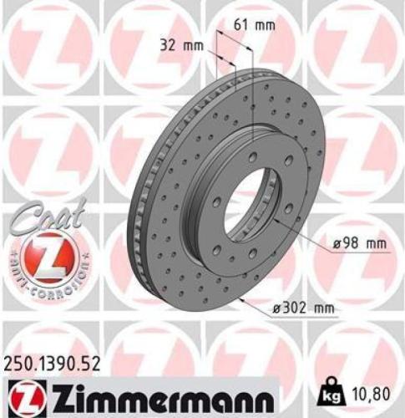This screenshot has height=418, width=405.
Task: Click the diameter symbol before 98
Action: (327, 243)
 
